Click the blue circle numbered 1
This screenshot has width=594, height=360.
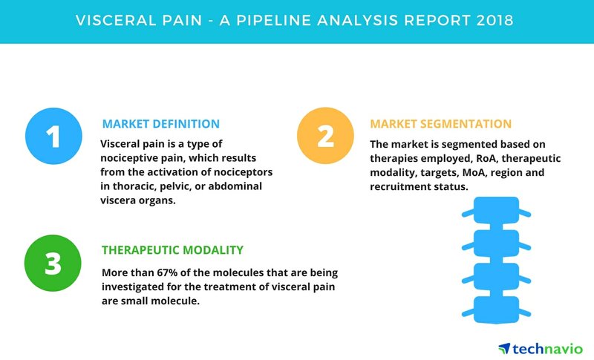click(x=53, y=136)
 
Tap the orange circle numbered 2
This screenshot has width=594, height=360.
click(x=325, y=136)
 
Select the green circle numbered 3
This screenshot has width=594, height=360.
click(x=53, y=263)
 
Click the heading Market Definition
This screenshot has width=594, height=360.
click(x=160, y=124)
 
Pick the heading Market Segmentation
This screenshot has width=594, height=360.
click(x=440, y=124)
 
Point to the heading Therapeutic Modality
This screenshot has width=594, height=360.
click(x=172, y=250)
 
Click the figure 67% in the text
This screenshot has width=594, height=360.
click(x=169, y=272)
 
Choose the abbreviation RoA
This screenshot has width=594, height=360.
click(x=486, y=158)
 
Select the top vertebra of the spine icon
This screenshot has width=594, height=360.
click(x=496, y=211)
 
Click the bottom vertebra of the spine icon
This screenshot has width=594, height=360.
click(x=496, y=310)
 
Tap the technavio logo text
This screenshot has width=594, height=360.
click(x=548, y=349)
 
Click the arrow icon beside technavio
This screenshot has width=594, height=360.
click(x=504, y=348)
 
